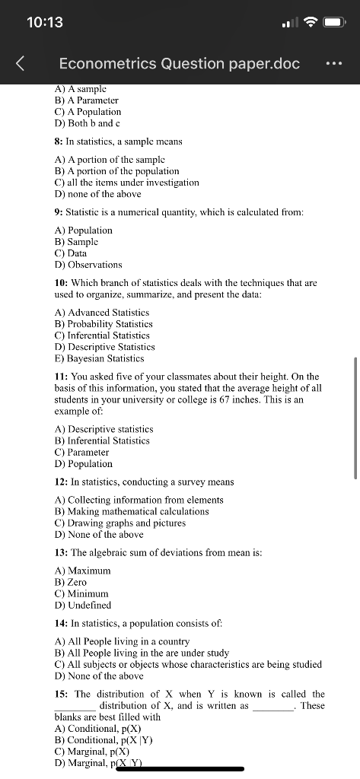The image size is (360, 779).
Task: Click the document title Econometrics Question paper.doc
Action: click(179, 64)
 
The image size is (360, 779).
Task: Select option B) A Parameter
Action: click(87, 100)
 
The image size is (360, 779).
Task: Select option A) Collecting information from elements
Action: click(139, 500)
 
